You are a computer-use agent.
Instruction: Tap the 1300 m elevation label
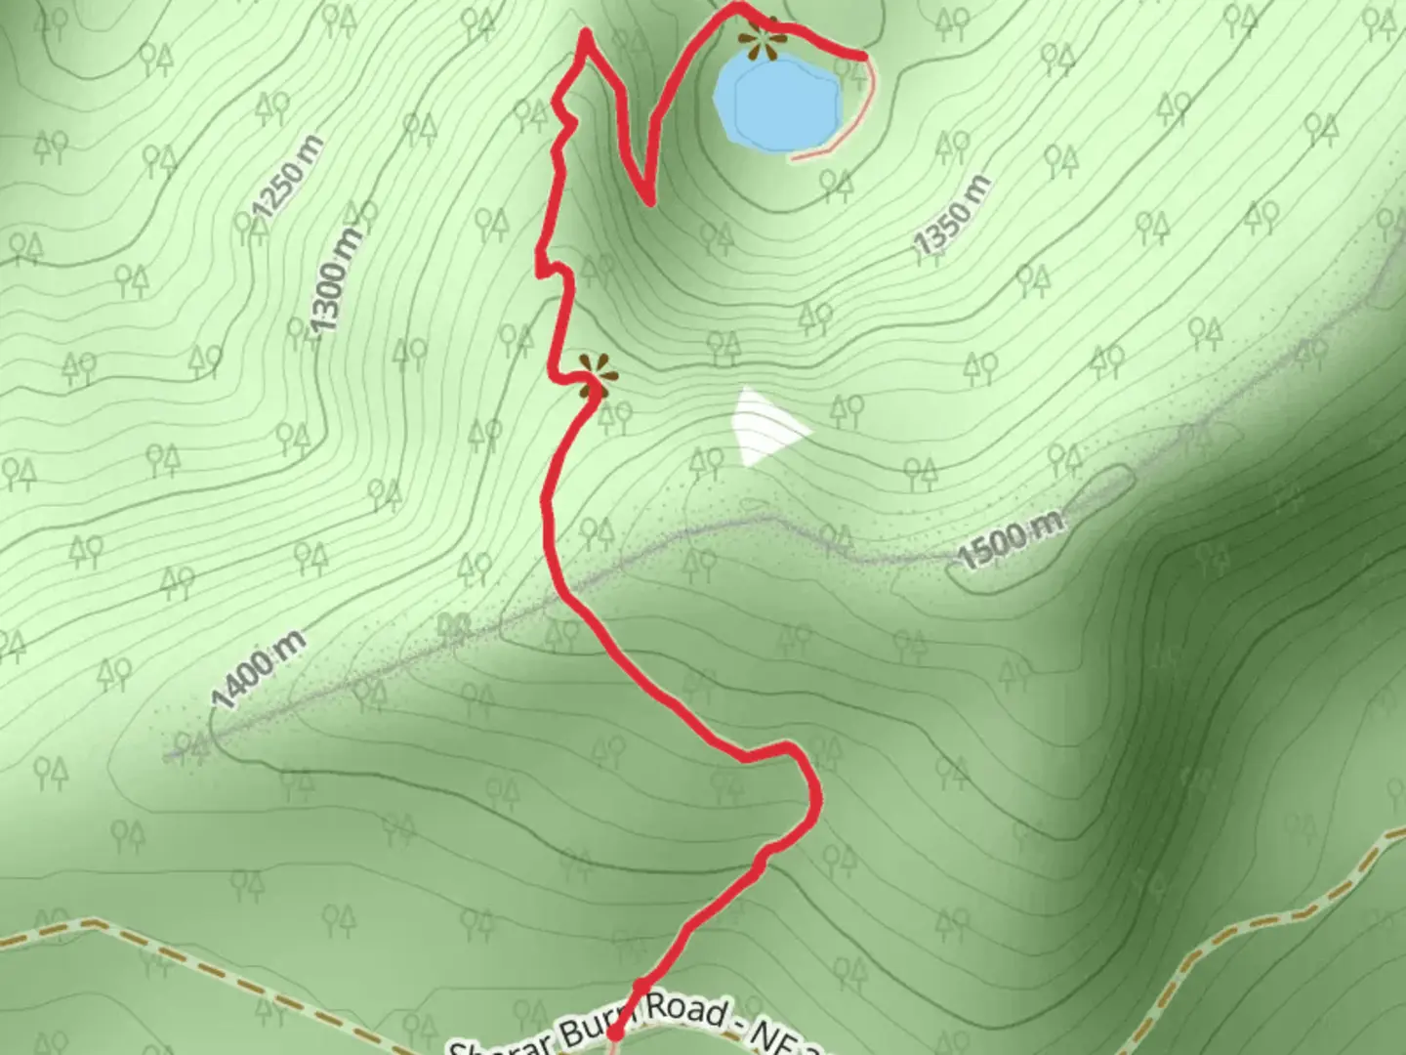click(x=334, y=277)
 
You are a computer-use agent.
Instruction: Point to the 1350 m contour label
click(x=953, y=217)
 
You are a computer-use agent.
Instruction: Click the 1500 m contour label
click(x=1010, y=541)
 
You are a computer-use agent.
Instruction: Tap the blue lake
click(x=778, y=102)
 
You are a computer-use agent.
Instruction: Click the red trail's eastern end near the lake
click(x=863, y=56)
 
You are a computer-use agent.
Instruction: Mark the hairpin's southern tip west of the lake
click(x=649, y=201)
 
